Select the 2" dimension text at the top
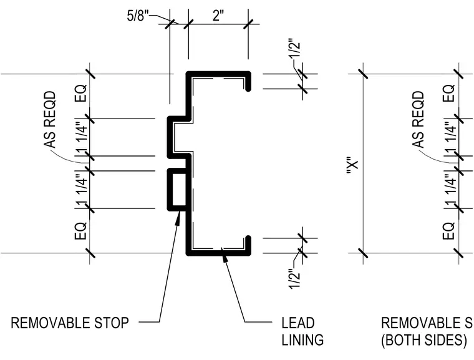tap(218, 16)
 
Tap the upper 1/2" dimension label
tap(295, 48)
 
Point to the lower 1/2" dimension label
tap(295, 279)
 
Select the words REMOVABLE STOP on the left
tap(70, 323)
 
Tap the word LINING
tap(302, 340)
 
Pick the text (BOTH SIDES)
tap(424, 340)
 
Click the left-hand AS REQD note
tap(50, 120)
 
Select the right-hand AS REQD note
tap(418, 120)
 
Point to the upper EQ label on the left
tap(80, 93)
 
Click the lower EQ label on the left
tap(80, 231)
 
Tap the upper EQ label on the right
tap(448, 93)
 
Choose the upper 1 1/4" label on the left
tap(81, 137)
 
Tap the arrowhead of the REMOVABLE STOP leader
tap(178, 216)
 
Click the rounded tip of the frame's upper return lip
tap(248, 89)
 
